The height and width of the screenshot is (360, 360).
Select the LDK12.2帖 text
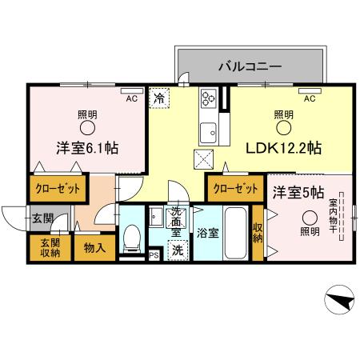pyautogui.click(x=284, y=148)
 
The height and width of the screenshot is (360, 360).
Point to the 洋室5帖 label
pyautogui.click(x=297, y=192)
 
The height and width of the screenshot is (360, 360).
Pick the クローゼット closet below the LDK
pyautogui.click(x=235, y=190)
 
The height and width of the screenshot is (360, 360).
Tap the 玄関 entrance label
pyautogui.click(x=42, y=217)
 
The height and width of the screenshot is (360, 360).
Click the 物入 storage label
pyautogui.click(x=94, y=248)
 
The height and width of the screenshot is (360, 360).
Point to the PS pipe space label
pyautogui.click(x=154, y=255)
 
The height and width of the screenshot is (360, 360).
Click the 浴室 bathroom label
pyautogui.click(x=207, y=235)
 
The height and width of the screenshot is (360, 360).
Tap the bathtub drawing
pyautogui.click(x=236, y=231)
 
